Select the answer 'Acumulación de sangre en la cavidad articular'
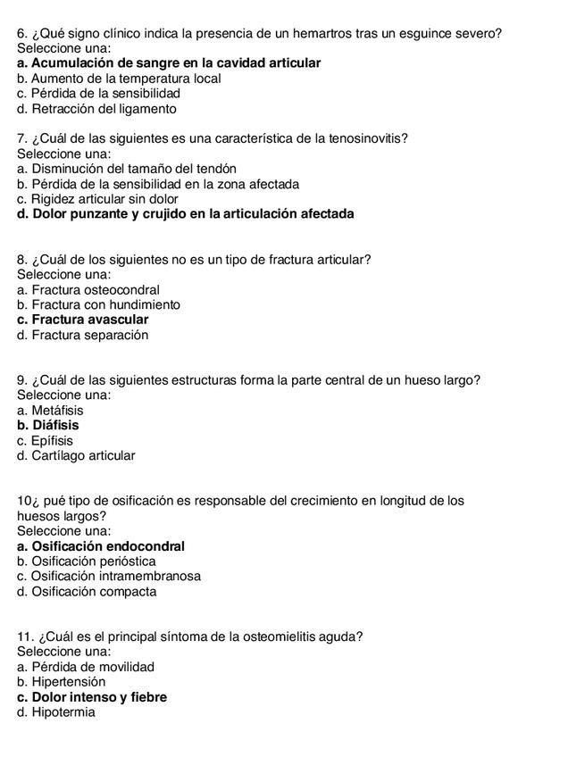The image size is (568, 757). pos(169,63)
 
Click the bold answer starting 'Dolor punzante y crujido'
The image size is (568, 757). pos(186,214)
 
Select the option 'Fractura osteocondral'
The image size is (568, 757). pos(88,290)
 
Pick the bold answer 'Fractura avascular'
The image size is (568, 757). pos(83,320)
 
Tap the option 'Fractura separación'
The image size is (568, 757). pos(82,336)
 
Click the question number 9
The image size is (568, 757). pos(21,380)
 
